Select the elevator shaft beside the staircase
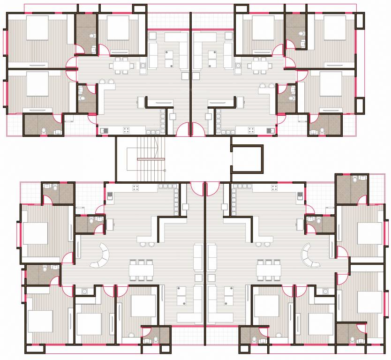(247, 158)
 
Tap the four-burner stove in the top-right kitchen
(252, 129)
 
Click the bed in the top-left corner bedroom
(37, 28)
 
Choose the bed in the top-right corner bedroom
(334, 28)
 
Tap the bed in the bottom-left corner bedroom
(40, 321)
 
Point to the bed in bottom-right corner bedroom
(370, 302)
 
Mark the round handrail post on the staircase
(165, 171)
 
